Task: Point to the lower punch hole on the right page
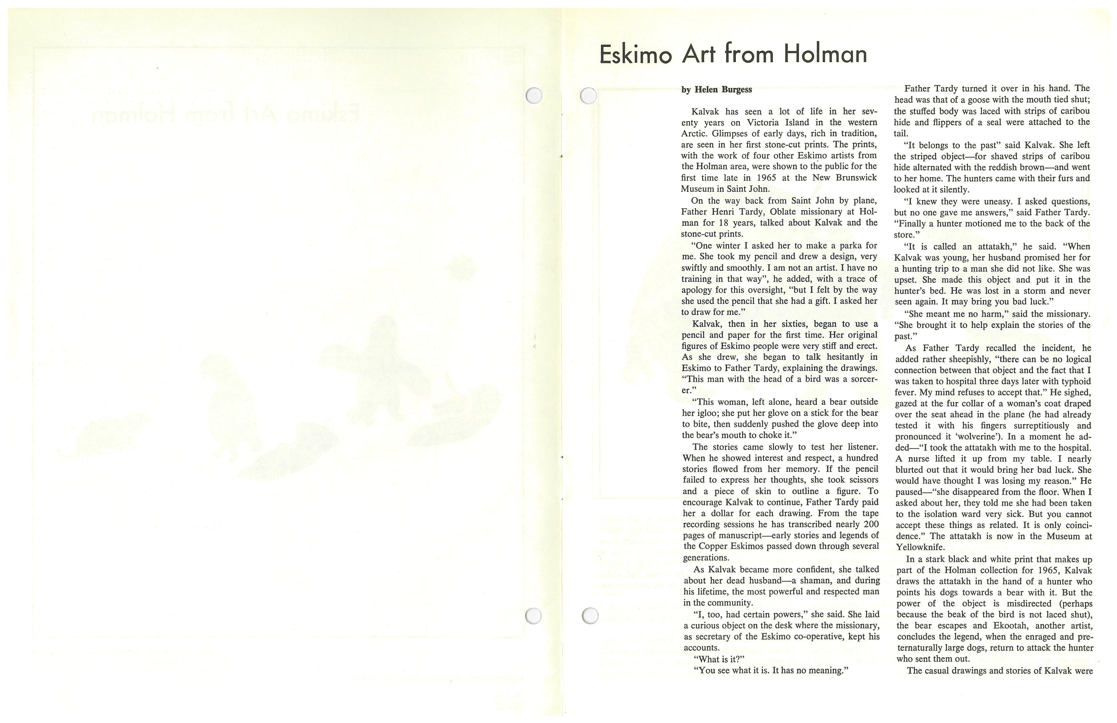tap(590, 616)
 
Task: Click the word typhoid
tap(1074, 381)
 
